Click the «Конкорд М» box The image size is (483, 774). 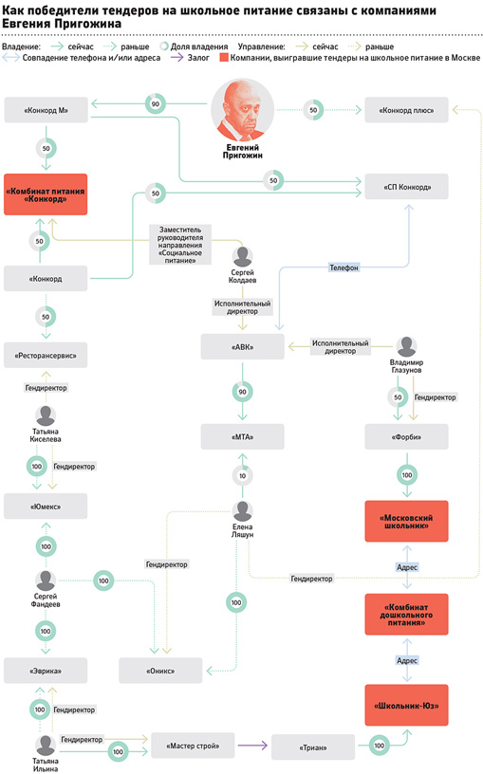[x=46, y=110]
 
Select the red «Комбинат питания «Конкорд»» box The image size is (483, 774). [x=46, y=194]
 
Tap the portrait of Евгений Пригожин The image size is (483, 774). [x=243, y=110]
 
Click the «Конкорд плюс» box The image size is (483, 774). [x=406, y=110]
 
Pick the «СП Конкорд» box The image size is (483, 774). [x=406, y=187]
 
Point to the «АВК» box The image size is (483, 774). [x=243, y=346]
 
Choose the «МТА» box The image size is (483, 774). [x=243, y=437]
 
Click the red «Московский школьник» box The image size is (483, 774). [x=406, y=522]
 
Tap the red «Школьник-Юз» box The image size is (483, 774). [x=406, y=706]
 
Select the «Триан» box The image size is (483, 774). [x=313, y=747]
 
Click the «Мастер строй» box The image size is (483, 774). [x=193, y=746]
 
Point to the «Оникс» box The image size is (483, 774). [x=160, y=671]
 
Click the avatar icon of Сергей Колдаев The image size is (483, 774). [x=243, y=257]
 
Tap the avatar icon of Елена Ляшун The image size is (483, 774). [x=243, y=511]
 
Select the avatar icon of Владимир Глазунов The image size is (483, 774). [x=406, y=347]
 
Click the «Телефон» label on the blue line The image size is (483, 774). [x=344, y=267]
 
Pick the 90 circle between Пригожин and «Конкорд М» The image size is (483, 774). [x=156, y=103]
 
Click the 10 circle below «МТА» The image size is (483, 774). [x=243, y=476]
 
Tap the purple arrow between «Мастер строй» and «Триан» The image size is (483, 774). [x=252, y=746]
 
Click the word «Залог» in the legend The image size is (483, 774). [x=198, y=58]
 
